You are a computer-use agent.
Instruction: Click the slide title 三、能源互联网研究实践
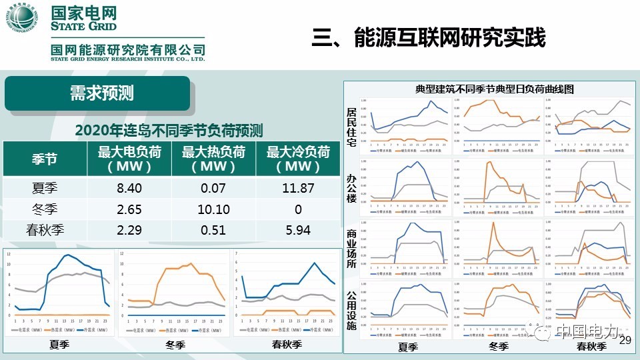pos(429,37)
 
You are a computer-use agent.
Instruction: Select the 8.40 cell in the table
pos(129,189)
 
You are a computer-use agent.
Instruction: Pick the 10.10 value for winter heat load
pos(214,209)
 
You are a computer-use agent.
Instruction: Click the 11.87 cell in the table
pos(298,189)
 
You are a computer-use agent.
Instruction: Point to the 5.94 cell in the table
pos(298,231)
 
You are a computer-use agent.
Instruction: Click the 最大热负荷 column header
pos(214,159)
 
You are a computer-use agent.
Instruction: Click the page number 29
pos(625,341)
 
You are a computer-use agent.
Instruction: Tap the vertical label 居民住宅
pos(351,127)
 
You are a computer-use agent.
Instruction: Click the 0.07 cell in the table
pos(214,189)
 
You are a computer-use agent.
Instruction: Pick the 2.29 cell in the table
pos(129,231)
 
